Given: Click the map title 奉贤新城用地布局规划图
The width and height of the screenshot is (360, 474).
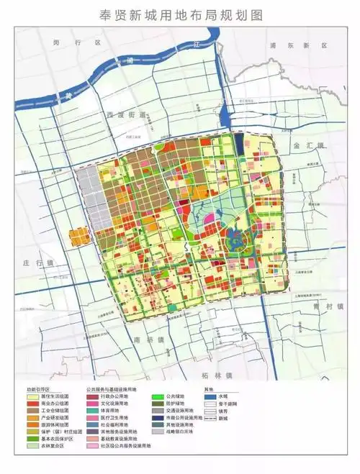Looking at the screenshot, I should click(x=179, y=14).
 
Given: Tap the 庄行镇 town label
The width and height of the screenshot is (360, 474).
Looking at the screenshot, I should click(x=34, y=263).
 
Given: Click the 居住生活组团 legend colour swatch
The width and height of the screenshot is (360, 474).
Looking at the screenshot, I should click(x=33, y=396).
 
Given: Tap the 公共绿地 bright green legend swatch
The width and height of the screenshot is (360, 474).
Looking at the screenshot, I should click(x=156, y=396).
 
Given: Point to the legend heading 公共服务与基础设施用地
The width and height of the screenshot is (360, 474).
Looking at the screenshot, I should click(x=117, y=388).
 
